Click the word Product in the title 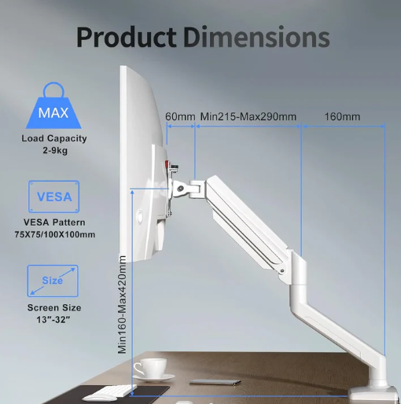click(x=126, y=37)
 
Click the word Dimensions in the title click(x=256, y=37)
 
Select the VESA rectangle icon click(x=54, y=196)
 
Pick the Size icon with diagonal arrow click(x=53, y=281)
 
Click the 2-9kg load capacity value click(x=55, y=150)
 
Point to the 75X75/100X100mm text click(x=55, y=234)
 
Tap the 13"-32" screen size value click(x=53, y=319)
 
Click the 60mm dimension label click(x=180, y=116)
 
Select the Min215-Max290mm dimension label click(x=248, y=116)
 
